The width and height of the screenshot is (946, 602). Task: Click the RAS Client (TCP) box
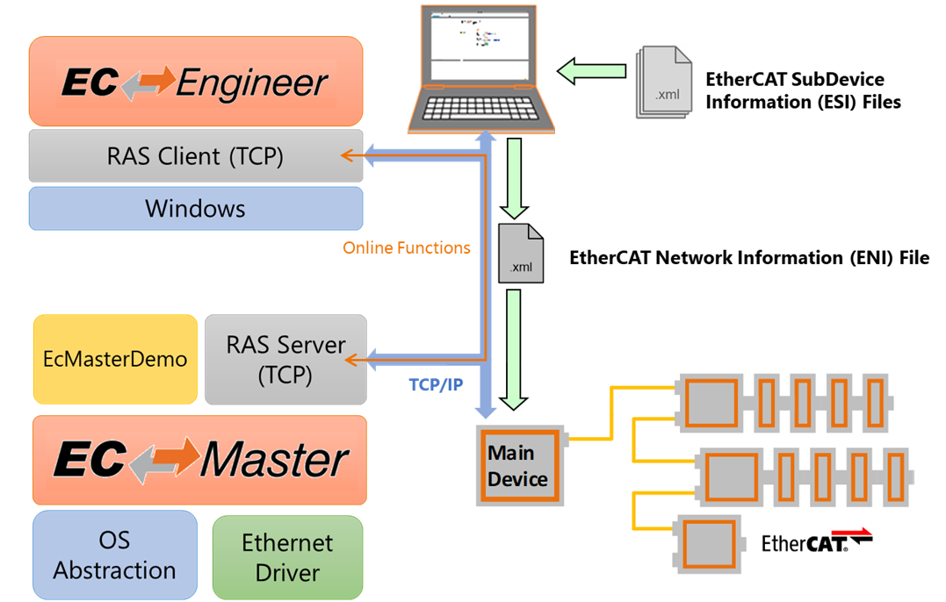[195, 156]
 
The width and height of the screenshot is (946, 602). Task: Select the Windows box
[195, 209]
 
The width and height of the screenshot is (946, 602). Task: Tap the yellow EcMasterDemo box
[115, 359]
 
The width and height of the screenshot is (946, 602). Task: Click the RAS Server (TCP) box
[285, 359]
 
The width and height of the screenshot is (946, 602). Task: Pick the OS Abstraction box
[115, 556]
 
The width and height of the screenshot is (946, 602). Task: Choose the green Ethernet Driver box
[287, 557]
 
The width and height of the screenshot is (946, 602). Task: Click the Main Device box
[518, 467]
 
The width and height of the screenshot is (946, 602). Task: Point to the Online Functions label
[407, 248]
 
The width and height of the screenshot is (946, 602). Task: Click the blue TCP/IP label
[436, 384]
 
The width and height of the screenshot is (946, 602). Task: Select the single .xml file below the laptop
[521, 253]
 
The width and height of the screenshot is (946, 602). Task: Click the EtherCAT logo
[816, 541]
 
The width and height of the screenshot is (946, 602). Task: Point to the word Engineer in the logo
[252, 84]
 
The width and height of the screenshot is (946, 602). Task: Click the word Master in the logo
[274, 460]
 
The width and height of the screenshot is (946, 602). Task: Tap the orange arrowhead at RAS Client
[347, 156]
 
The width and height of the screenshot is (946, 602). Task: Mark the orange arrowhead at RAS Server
[350, 359]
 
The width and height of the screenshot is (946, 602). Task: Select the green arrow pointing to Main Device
[514, 351]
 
